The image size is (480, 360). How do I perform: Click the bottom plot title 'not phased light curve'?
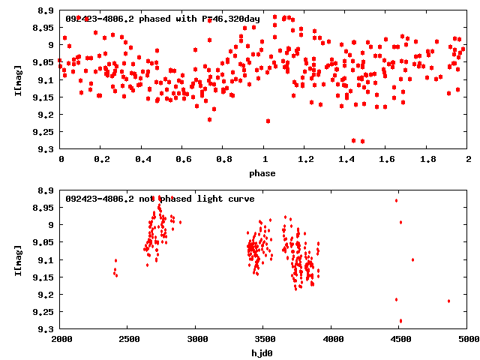pyautogui.click(x=160, y=199)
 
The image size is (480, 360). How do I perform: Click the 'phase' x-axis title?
pyautogui.click(x=262, y=173)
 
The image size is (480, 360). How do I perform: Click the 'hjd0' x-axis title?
pyautogui.click(x=262, y=352)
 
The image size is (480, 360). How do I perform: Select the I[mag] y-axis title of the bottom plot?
pyautogui.click(x=18, y=259)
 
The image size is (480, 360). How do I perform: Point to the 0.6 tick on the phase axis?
pyautogui.click(x=182, y=160)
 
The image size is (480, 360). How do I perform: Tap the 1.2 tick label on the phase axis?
pyautogui.click(x=304, y=160)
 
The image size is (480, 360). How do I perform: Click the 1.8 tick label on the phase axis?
pyautogui.click(x=427, y=160)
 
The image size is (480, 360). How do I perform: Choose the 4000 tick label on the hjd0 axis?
pyautogui.click(x=331, y=339)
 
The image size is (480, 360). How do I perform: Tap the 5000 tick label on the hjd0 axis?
pyautogui.click(x=467, y=339)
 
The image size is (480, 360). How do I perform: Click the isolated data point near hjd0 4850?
pyautogui.click(x=448, y=301)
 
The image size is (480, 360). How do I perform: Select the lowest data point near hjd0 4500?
pyautogui.click(x=400, y=321)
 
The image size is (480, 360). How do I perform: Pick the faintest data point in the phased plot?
pyautogui.click(x=362, y=141)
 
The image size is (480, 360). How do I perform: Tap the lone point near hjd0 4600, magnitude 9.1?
pyautogui.click(x=412, y=259)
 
